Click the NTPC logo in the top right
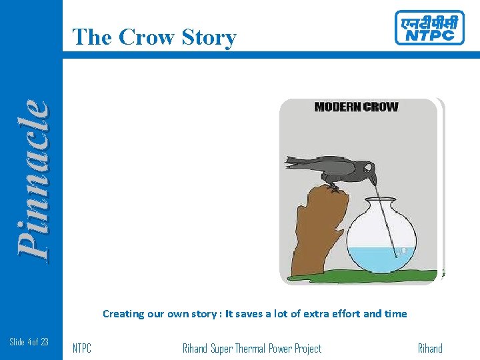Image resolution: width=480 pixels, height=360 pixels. pyautogui.click(x=429, y=28)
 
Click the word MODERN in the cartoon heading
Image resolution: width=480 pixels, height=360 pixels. pyautogui.click(x=337, y=107)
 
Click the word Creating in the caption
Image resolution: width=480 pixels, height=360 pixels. pyautogui.click(x=123, y=313)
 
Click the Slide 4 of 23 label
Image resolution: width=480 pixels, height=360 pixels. pyautogui.click(x=29, y=342)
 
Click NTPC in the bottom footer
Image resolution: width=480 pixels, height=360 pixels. pyautogui.click(x=82, y=349)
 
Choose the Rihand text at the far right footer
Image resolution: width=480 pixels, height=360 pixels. pyautogui.click(x=430, y=349)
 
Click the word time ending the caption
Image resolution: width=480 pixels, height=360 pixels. pyautogui.click(x=395, y=313)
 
